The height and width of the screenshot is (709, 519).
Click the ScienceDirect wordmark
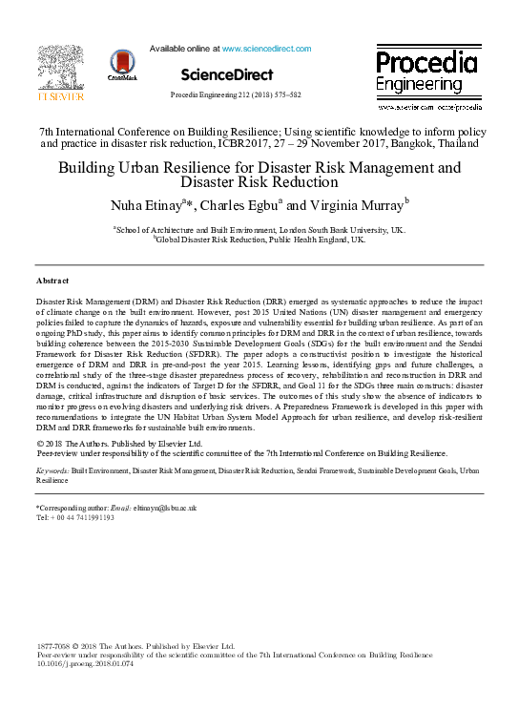pos(226,74)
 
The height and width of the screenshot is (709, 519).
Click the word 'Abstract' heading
pos(53,281)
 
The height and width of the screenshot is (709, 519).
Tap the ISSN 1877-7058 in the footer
pos(55,646)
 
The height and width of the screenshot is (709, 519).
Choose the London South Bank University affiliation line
pos(259,230)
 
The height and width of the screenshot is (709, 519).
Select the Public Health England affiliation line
pos(259,240)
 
